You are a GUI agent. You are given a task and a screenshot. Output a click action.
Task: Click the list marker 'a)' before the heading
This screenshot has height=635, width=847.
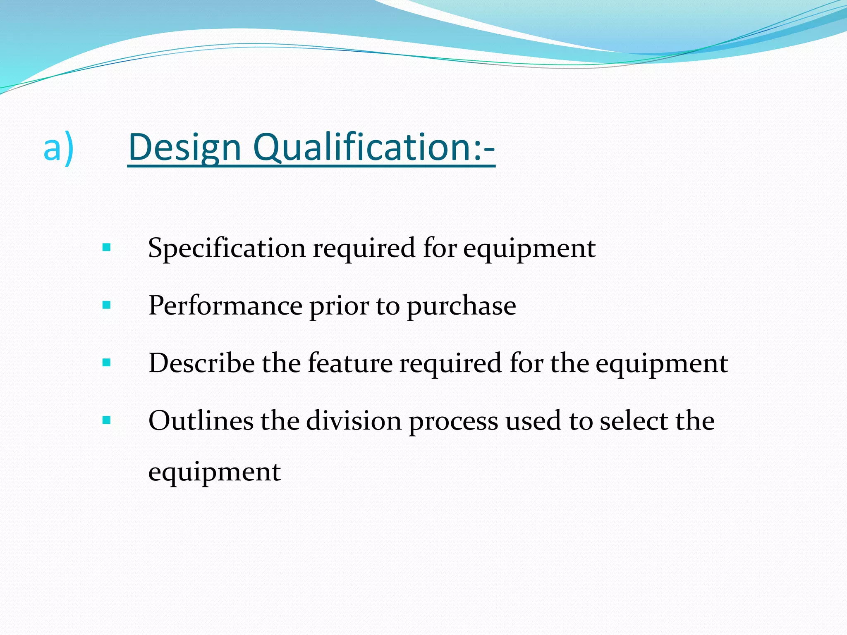(58, 148)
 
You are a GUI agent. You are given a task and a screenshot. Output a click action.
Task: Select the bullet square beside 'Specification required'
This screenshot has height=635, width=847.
(107, 248)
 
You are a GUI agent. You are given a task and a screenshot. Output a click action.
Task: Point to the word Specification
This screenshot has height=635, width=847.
(227, 249)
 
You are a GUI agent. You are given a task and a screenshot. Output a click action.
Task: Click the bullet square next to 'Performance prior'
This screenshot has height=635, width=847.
(107, 306)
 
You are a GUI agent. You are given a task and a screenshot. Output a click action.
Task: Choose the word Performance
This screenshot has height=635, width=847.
(225, 306)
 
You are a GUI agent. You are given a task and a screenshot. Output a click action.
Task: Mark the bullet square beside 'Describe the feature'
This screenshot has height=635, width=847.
(107, 363)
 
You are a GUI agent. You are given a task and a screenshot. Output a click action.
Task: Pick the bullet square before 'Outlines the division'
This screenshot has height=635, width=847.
(107, 420)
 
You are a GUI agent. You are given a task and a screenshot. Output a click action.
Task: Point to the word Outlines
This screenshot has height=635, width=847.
(201, 421)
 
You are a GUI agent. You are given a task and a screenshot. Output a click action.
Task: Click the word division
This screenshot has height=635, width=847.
(354, 421)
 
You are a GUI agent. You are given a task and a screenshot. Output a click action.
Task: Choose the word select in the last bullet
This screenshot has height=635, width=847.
(634, 421)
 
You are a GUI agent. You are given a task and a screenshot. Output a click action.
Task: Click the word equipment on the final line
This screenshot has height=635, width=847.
(214, 472)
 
